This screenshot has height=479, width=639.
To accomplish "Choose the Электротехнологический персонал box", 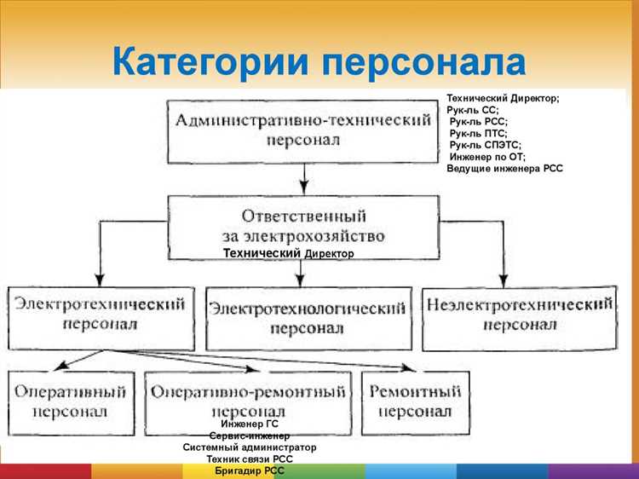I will [x=308, y=318].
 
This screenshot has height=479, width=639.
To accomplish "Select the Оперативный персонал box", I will [x=70, y=401].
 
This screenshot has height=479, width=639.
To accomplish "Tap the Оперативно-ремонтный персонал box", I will [x=248, y=401].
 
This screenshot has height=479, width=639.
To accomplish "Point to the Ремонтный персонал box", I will [x=414, y=401].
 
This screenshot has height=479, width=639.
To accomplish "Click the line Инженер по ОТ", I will [x=487, y=157].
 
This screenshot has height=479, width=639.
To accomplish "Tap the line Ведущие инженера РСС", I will [x=504, y=169].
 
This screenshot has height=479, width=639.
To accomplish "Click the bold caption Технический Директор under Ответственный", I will [x=287, y=254].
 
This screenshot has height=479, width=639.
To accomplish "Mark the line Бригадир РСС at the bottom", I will [x=250, y=470].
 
